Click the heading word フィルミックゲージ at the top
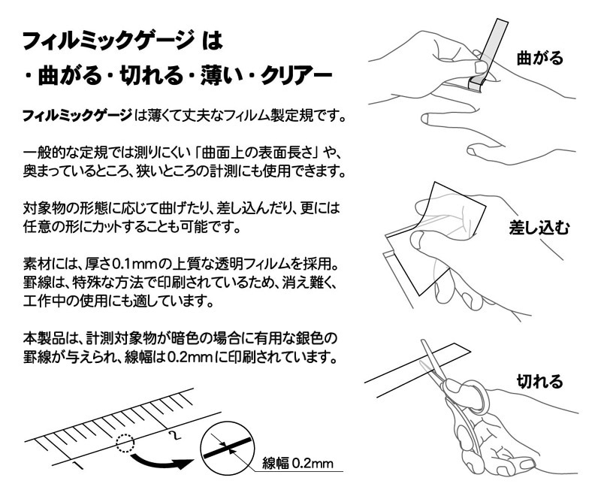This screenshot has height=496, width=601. (x=107, y=41)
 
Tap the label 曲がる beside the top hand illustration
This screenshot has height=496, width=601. (x=539, y=59)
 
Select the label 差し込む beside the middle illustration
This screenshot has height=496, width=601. (x=539, y=227)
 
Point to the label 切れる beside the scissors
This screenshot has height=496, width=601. (x=539, y=381)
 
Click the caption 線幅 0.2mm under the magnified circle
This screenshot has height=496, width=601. (x=297, y=463)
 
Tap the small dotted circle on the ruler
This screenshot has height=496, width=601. (x=125, y=443)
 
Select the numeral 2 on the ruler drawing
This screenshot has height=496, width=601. (x=174, y=435)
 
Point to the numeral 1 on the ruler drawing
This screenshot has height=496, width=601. (x=78, y=466)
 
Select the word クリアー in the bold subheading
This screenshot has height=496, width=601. (x=296, y=75)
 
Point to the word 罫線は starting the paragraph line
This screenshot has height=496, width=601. (x=43, y=283)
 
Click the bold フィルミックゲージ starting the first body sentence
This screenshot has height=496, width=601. (x=77, y=116)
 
